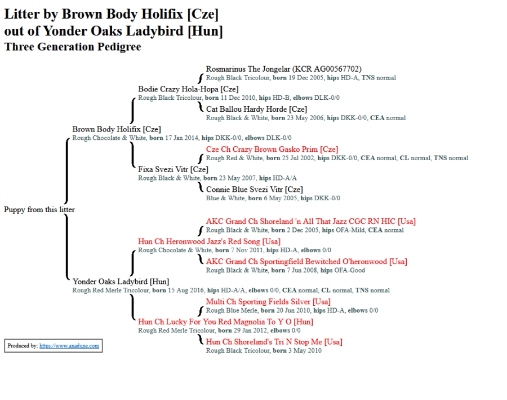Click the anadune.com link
tap(69, 346)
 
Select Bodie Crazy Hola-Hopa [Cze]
tap(188, 89)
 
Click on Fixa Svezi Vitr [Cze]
tap(173, 169)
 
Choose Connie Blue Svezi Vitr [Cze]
tap(255, 190)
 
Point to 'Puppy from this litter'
tap(39, 209)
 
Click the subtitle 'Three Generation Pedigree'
tap(73, 47)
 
